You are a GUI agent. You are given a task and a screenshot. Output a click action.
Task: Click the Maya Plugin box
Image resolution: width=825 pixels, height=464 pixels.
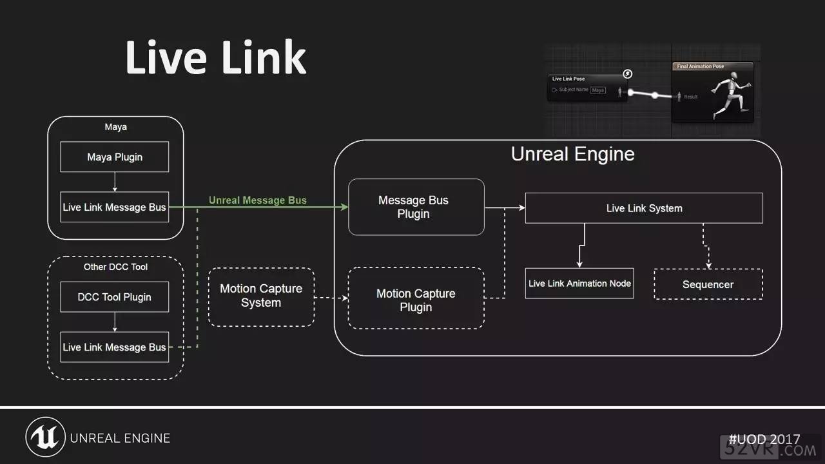pos(115,157)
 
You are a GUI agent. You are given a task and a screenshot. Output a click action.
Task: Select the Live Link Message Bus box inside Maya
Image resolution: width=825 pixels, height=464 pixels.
pos(115,207)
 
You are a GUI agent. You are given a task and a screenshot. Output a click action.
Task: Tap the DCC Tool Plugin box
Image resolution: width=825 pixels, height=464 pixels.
pos(115,297)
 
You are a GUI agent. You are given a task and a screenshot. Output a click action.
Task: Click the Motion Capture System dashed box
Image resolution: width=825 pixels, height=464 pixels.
pos(261,296)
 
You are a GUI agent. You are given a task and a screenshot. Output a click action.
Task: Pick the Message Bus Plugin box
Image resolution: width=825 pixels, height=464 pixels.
pos(416,207)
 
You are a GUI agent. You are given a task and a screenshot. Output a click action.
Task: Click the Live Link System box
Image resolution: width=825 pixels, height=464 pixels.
pos(644,208)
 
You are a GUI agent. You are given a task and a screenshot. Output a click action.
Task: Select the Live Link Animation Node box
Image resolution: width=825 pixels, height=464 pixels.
pos(579,284)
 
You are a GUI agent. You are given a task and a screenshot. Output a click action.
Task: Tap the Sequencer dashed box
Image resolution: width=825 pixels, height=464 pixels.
pos(708,284)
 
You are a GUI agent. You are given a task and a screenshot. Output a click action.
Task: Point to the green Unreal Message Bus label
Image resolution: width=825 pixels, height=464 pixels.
pos(258,200)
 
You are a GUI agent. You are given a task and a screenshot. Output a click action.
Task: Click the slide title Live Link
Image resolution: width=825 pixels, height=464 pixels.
pos(215,58)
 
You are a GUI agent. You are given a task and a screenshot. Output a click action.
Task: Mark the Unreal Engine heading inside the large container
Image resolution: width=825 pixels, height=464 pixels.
pos(572,155)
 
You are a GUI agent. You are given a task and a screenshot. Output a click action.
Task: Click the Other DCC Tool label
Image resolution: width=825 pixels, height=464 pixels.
pos(115,267)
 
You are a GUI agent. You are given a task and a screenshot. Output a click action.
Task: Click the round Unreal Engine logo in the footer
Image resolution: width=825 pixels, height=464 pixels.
pos(45,438)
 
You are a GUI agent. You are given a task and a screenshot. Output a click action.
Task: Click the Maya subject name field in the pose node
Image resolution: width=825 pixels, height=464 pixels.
pos(598,90)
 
